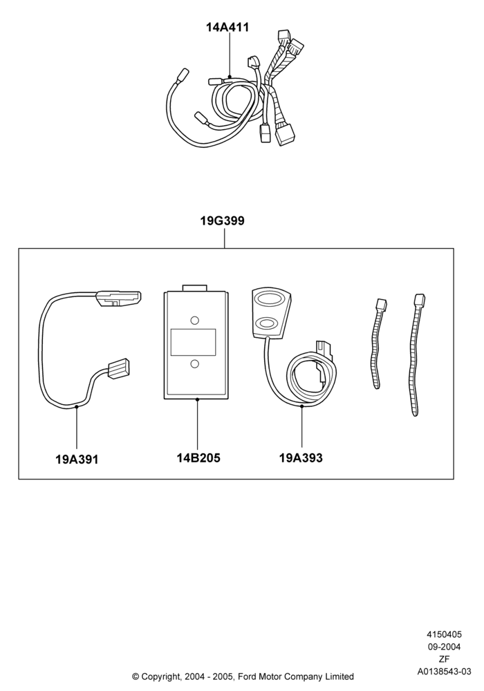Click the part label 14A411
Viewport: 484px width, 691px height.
click(227, 28)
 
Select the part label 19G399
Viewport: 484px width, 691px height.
click(223, 220)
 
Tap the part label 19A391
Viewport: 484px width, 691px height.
click(77, 460)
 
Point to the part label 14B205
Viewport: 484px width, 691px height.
click(198, 458)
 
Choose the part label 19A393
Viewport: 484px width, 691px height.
click(301, 458)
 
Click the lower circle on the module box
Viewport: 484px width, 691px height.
click(194, 363)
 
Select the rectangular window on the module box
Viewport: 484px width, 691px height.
click(193, 342)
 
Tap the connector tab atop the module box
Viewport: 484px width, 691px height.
click(194, 287)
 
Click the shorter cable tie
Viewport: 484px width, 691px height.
click(376, 343)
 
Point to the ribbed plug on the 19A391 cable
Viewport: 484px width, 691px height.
click(119, 368)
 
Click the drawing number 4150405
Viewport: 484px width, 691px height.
click(444, 634)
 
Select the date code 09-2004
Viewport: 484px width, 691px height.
click(444, 647)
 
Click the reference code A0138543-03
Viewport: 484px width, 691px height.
click(444, 672)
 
